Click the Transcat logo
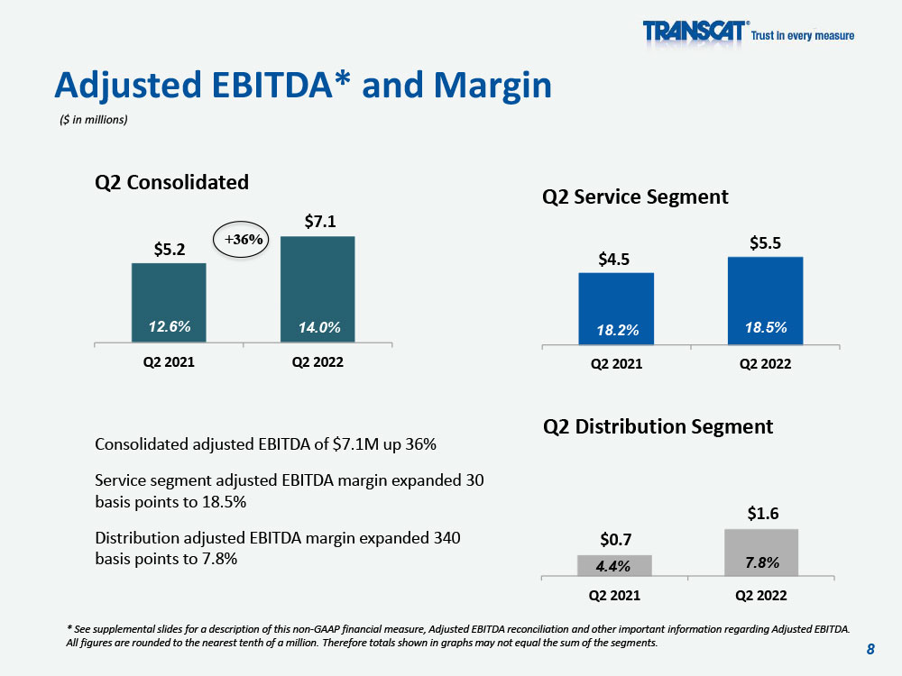click(x=748, y=32)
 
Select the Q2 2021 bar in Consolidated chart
click(x=169, y=303)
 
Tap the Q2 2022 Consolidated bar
click(x=318, y=289)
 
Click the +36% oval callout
click(x=241, y=239)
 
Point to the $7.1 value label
click(x=320, y=222)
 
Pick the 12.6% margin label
click(x=170, y=326)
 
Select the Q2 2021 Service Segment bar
click(x=616, y=308)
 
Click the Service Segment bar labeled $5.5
click(x=765, y=301)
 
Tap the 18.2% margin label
click(x=618, y=330)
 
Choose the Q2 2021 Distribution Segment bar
click(x=614, y=566)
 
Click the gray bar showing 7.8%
click(x=761, y=553)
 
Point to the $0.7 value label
click(x=615, y=540)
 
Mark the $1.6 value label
click(x=763, y=514)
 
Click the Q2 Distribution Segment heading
click(x=658, y=426)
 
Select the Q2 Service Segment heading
click(x=635, y=197)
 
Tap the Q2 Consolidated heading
click(x=171, y=182)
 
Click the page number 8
click(x=870, y=649)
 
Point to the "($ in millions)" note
click(x=93, y=120)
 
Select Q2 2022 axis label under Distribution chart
click(x=761, y=596)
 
